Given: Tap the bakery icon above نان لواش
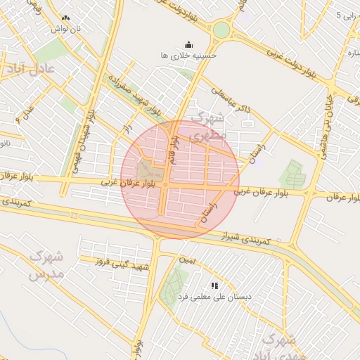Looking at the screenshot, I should click(65, 18).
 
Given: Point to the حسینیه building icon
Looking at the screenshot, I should click(188, 44).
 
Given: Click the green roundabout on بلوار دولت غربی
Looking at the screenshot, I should click(221, 30).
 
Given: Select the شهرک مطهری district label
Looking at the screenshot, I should click(209, 124).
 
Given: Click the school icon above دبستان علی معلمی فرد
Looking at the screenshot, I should click(214, 285).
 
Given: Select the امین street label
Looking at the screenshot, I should click(187, 261).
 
